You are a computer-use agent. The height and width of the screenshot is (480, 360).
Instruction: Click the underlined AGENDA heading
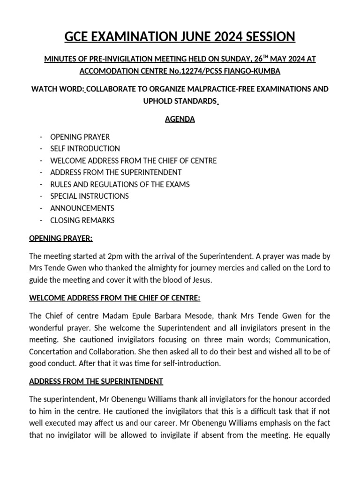[180, 119]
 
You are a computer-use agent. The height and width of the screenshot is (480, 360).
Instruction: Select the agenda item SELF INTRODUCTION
[85, 149]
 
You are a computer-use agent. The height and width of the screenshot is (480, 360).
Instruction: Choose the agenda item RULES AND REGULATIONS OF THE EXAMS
[120, 184]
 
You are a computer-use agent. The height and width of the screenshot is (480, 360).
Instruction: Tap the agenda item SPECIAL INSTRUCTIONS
[90, 196]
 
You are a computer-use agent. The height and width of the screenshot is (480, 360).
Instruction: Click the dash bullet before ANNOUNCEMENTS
[42, 208]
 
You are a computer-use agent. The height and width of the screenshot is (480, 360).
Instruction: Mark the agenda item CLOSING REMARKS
[82, 220]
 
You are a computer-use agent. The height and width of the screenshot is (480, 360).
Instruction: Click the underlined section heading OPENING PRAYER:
[61, 239]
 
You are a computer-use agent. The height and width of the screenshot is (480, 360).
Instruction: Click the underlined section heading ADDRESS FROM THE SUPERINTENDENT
[96, 382]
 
